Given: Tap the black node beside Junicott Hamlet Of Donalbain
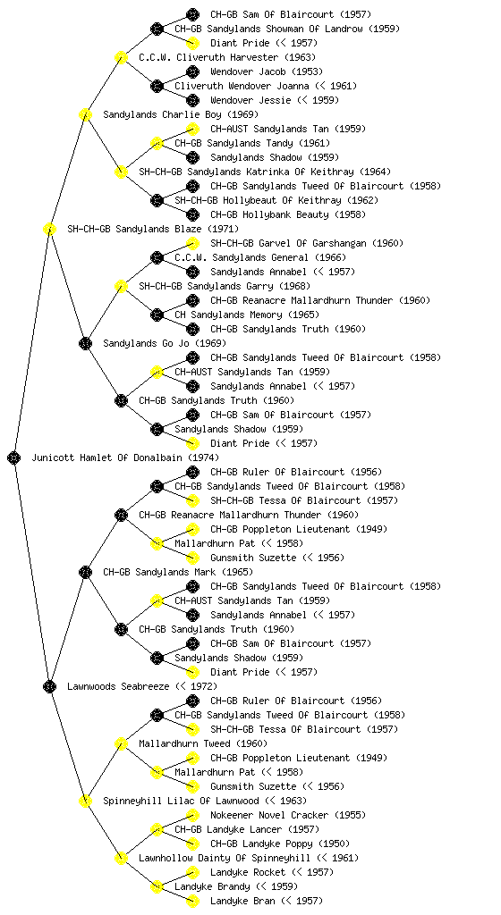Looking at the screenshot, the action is point(14,457).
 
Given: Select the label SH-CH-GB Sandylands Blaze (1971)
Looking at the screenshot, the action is point(153,229).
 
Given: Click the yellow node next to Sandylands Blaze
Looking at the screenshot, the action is point(49,229).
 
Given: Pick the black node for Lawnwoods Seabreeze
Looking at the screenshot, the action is point(49,686).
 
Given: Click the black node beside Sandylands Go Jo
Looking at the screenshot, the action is point(85,343).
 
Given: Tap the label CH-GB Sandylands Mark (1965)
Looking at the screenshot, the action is point(178,572).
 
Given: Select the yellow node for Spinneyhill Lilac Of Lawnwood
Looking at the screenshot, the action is point(85,801).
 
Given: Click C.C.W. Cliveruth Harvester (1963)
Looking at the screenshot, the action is point(227,57).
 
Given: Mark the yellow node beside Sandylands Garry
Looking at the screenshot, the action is point(121,286).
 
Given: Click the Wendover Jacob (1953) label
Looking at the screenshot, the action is point(267,71).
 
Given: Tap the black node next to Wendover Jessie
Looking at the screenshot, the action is point(192,100).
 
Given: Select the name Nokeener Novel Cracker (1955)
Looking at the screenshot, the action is point(288,815).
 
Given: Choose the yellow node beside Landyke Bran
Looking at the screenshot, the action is point(192,901).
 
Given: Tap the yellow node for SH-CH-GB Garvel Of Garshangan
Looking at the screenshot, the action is point(192,243).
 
